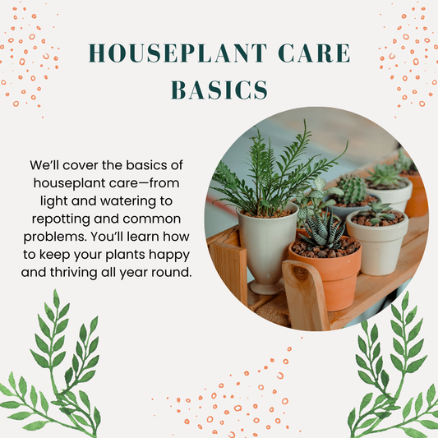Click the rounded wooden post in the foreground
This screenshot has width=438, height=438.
click(x=304, y=295)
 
